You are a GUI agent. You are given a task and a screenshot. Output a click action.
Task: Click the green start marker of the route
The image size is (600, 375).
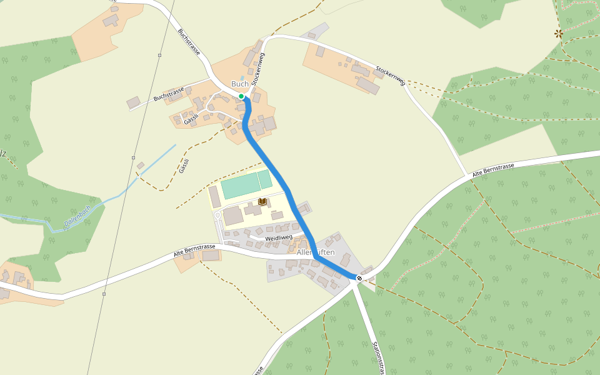point(241,96)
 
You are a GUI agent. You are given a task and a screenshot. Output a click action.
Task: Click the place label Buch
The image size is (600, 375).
point(240,84)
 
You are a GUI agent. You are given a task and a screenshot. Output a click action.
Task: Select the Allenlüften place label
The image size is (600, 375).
point(316,252)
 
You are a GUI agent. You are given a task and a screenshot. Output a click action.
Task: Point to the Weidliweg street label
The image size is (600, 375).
point(279,238)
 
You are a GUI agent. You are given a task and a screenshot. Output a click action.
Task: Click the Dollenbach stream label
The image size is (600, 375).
point(77,216)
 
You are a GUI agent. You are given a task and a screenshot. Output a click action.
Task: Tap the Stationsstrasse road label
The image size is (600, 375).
point(377,357)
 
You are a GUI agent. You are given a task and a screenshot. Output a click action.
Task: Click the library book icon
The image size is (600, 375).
point(262,201)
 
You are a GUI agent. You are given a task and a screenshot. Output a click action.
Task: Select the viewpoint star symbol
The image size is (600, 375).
point(559,33)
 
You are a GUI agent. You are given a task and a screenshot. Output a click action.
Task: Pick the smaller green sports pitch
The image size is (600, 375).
point(265,179)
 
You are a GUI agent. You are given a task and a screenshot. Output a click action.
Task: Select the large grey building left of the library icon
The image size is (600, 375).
point(233,216)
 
